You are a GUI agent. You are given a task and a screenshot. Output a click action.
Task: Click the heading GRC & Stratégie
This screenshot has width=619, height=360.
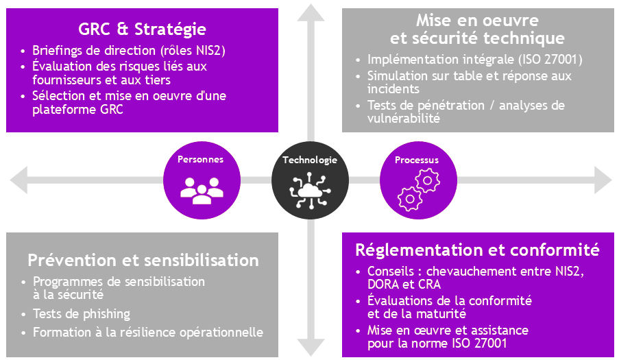142,29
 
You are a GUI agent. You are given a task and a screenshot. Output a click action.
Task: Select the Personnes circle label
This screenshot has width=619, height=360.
201,160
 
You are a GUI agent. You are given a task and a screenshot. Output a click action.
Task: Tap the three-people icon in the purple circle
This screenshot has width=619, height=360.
202,191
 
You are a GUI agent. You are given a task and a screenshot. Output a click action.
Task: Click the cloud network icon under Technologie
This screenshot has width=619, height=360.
310,190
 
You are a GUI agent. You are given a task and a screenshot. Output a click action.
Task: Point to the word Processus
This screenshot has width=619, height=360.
417,160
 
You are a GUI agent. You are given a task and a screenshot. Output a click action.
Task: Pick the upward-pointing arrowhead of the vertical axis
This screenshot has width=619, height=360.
311,12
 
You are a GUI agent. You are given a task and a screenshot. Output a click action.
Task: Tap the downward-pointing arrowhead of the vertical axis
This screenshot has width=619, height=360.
311,348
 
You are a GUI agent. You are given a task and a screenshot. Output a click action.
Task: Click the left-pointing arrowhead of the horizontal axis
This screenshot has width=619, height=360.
19,180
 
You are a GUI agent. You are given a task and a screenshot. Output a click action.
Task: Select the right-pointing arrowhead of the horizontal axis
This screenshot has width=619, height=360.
603,180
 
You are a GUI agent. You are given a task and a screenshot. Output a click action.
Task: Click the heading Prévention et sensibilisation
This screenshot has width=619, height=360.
143,261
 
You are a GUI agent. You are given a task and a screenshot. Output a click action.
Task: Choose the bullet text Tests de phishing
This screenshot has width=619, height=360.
82,314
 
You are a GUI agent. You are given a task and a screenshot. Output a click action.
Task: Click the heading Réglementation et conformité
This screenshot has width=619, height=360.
478,250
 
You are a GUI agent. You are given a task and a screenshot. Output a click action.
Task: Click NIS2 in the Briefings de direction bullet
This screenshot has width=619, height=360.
209,51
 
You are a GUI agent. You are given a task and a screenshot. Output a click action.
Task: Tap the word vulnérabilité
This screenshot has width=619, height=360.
404,118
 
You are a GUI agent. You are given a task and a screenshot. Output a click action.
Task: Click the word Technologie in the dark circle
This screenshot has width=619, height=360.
310,160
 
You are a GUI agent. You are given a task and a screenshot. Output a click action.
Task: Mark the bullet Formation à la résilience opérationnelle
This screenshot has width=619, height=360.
148,333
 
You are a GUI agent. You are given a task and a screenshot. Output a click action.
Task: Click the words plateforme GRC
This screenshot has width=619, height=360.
77,109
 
